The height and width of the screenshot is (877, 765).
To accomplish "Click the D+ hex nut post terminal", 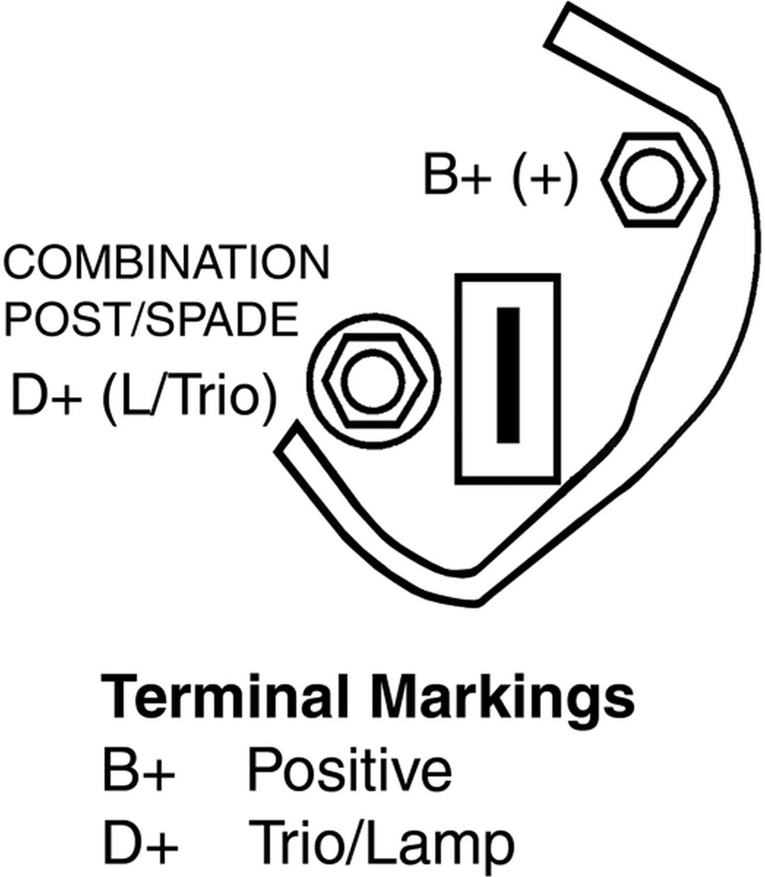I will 374,382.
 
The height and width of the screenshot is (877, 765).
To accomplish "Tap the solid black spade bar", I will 508,375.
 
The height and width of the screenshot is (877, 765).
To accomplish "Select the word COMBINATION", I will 167,263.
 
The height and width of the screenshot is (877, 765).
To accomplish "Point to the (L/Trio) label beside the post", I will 188,396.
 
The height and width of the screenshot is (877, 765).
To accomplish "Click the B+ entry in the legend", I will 139,770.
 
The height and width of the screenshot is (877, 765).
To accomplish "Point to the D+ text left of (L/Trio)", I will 46,396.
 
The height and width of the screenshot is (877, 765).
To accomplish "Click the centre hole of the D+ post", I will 374,382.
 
